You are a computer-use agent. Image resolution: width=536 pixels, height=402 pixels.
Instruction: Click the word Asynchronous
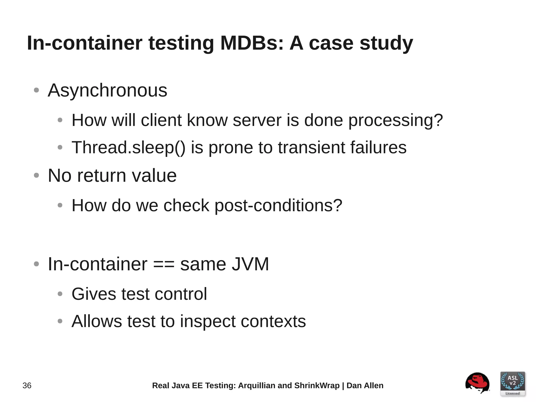(x=107, y=90)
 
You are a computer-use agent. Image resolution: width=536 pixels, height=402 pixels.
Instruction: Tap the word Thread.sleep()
(x=128, y=147)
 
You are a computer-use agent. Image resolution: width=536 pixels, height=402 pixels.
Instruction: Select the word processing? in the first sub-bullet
(x=395, y=120)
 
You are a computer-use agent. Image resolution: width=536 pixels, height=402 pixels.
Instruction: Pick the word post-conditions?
(x=278, y=206)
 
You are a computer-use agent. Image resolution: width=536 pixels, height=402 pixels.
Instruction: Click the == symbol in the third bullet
(x=164, y=264)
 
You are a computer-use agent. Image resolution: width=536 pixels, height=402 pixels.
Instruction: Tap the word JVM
(x=250, y=264)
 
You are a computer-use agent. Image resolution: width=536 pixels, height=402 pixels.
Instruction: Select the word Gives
(x=94, y=294)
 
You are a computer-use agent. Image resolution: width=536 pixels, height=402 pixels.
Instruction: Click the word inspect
(x=208, y=322)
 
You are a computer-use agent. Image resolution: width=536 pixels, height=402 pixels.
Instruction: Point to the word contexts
(x=273, y=322)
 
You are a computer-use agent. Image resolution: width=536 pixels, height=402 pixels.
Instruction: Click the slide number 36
(x=27, y=386)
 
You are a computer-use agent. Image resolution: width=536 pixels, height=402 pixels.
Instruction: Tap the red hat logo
(x=477, y=383)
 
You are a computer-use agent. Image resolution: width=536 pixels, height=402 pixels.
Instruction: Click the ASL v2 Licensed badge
(x=512, y=384)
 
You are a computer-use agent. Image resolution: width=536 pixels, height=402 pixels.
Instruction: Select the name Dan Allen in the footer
(x=365, y=386)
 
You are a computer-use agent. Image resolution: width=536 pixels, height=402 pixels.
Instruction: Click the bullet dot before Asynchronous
(x=36, y=90)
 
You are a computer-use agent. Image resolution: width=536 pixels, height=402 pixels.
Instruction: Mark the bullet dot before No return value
(x=36, y=175)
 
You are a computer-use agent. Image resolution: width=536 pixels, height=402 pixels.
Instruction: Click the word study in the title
(x=386, y=43)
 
